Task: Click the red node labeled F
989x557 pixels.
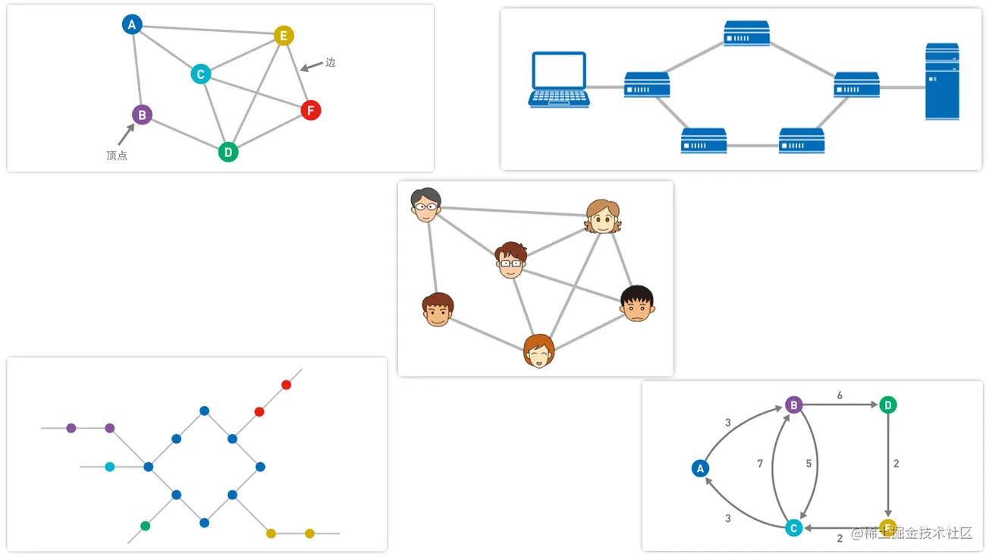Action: click(310, 110)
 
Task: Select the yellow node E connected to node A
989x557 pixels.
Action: click(284, 36)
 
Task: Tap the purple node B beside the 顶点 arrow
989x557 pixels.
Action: click(142, 115)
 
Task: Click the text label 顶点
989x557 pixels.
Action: click(117, 156)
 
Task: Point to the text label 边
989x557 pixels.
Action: click(330, 62)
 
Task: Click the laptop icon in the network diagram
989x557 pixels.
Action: click(560, 80)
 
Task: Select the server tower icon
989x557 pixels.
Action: click(942, 82)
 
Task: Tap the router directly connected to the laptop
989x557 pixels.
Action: click(647, 84)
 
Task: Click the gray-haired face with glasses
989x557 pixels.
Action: click(425, 204)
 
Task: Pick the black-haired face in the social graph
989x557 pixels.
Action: click(636, 304)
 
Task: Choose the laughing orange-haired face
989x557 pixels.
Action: click(538, 351)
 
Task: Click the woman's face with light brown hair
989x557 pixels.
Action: click(603, 217)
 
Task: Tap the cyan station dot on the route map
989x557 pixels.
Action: click(110, 467)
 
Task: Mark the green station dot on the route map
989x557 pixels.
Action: click(146, 526)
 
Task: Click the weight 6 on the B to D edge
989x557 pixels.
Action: click(840, 395)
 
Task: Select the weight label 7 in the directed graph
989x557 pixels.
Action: click(760, 464)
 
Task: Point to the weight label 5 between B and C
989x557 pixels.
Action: click(808, 464)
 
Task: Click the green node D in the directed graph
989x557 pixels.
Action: click(888, 405)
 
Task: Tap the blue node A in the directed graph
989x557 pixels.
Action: click(700, 468)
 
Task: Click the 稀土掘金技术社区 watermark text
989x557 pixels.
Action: click(912, 533)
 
